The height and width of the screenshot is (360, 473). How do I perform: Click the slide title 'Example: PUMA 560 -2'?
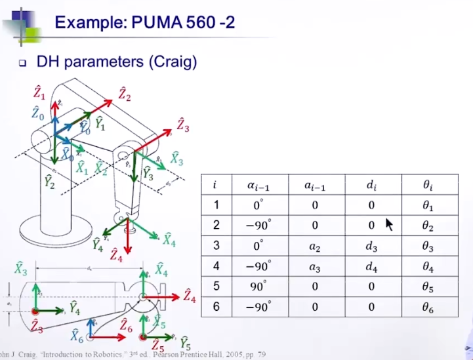[144, 24]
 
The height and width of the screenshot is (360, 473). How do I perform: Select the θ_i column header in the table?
[428, 185]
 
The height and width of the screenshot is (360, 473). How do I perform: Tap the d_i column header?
[371, 185]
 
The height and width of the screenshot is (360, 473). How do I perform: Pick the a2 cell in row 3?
[314, 247]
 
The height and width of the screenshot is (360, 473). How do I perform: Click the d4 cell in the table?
[371, 267]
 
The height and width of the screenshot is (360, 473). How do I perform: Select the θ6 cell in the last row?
[428, 307]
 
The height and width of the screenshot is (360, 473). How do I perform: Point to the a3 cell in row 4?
[314, 267]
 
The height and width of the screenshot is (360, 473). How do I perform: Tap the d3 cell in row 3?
[371, 247]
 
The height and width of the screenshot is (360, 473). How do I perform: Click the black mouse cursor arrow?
[389, 224]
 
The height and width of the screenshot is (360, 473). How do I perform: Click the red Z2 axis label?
[124, 94]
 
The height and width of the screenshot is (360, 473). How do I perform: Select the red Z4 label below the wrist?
[117, 255]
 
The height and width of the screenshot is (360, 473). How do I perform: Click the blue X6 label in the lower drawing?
[77, 337]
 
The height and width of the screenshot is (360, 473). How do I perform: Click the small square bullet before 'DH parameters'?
[22, 64]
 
